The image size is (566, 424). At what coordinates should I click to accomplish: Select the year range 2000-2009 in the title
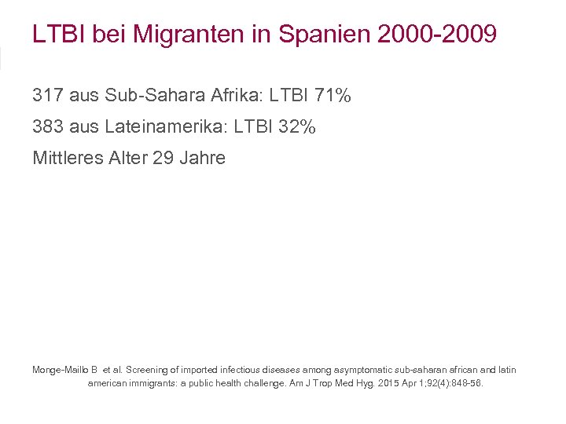425,35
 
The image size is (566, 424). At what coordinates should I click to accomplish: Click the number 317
48,97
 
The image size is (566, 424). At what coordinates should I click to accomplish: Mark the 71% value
332,97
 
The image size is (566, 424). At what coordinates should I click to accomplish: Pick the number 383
48,127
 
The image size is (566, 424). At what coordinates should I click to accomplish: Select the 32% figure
296,127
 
